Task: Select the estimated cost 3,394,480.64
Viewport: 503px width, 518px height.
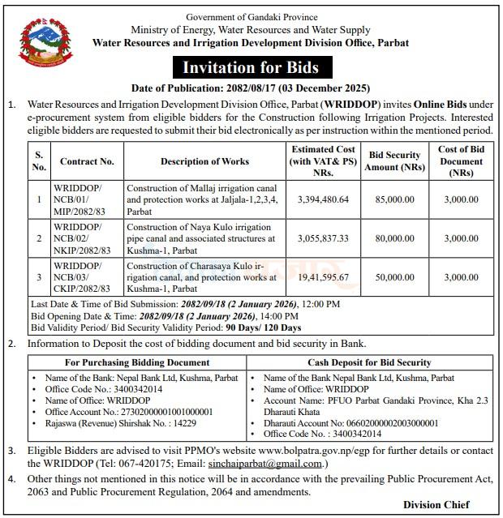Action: pos(323,199)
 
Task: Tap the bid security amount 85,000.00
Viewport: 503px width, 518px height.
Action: pos(394,199)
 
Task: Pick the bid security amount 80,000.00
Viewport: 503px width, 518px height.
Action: pos(394,238)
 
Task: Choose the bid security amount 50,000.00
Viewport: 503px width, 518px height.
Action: pos(394,277)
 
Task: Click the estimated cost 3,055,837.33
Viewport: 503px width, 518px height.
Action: pos(323,238)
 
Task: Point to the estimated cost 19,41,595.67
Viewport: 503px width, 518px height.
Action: pos(323,277)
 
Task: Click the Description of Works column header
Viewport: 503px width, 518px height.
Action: pos(204,161)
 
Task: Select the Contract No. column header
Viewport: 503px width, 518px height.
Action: pos(87,161)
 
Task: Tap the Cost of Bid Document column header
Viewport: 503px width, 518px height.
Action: pos(461,161)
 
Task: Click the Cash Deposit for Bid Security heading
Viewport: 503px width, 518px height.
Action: pos(369,362)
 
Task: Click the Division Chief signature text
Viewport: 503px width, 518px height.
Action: pos(436,504)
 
